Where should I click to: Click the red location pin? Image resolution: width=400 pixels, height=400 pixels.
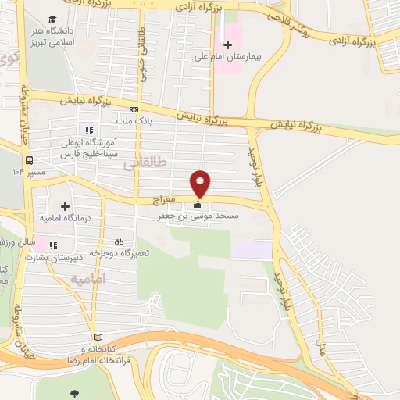tap(201, 182)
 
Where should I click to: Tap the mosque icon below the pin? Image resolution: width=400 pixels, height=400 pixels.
tap(195, 206)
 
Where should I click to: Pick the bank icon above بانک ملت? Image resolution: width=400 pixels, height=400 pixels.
tap(134, 109)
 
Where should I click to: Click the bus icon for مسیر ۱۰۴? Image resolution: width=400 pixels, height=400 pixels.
tap(29, 159)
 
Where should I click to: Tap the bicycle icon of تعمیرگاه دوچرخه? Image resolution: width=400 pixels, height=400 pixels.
tap(119, 242)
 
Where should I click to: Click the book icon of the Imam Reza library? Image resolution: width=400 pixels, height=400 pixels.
tap(96, 338)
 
